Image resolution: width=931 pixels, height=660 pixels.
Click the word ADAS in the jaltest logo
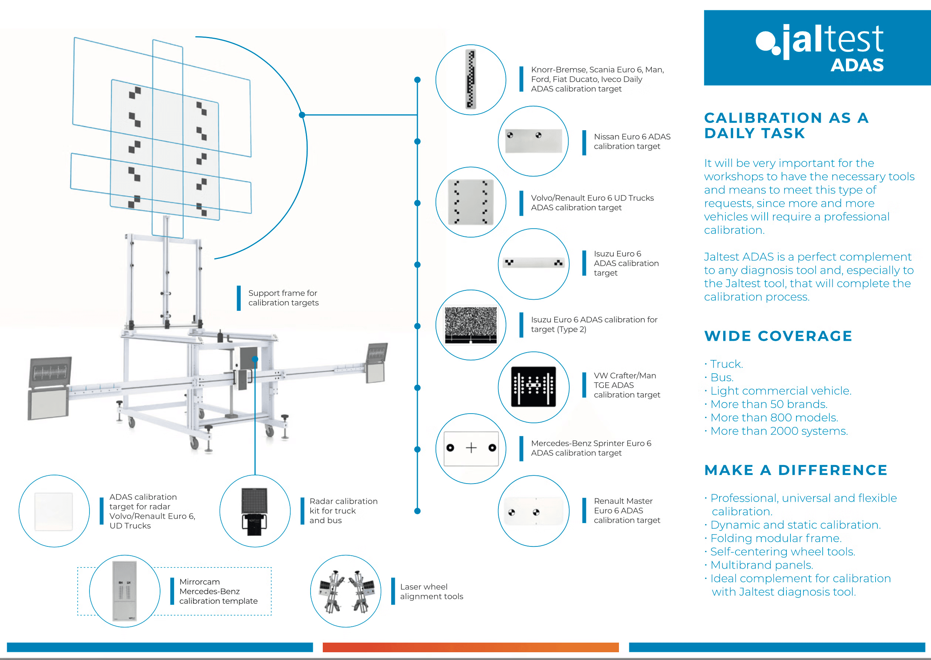[x=857, y=65]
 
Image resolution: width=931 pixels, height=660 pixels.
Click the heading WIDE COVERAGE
[x=778, y=336]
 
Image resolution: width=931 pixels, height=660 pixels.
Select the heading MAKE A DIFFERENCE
[x=796, y=470]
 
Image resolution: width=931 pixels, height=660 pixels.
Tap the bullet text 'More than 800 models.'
[x=774, y=418]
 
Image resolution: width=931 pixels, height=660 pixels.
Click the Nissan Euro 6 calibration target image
[x=533, y=141]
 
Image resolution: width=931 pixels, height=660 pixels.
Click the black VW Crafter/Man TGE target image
[x=533, y=387]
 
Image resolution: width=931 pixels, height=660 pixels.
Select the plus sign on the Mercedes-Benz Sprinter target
[x=471, y=448]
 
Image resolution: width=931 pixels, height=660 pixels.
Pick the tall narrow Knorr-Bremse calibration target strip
[x=471, y=79]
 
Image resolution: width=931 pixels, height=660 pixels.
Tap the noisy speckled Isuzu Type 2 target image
[x=471, y=325]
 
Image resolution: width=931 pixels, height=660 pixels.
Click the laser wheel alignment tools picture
[x=346, y=591]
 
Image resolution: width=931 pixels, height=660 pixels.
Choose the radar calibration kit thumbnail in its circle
[x=255, y=511]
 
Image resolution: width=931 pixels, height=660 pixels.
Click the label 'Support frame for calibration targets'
[x=283, y=298]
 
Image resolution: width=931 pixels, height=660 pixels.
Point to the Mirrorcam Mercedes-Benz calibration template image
[x=124, y=591]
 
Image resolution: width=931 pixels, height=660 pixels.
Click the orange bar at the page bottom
[x=470, y=647]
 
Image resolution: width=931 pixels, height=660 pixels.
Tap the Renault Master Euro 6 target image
[x=533, y=511]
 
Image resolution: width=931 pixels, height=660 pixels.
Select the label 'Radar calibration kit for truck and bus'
[x=343, y=511]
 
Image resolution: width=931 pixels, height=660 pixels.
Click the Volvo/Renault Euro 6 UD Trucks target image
[x=471, y=202]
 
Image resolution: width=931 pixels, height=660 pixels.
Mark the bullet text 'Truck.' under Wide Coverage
[x=726, y=364]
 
